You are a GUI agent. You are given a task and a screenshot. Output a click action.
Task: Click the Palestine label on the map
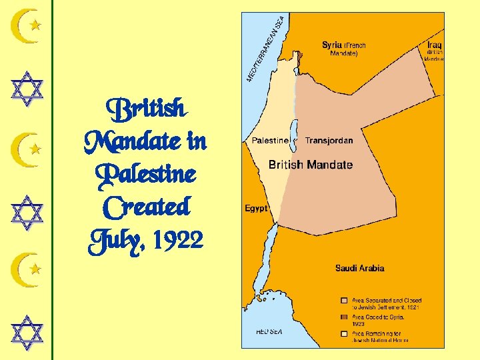[x=270, y=141]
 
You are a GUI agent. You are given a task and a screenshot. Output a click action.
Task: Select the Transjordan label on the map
[x=329, y=141]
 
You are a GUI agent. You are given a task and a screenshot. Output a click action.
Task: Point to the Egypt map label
[x=256, y=209]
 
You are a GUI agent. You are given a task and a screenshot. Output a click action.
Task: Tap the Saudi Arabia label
[x=359, y=269]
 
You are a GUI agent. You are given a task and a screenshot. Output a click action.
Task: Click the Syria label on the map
[x=331, y=45]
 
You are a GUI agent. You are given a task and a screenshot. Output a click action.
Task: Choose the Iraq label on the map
[x=435, y=45]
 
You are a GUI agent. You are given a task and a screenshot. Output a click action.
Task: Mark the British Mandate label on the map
[x=311, y=164]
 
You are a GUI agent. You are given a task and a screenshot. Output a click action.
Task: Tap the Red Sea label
[x=270, y=331]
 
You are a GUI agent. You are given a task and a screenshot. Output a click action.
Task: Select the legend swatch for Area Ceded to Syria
[x=343, y=317]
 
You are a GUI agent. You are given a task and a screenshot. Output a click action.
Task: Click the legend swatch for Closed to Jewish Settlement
[x=343, y=301]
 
